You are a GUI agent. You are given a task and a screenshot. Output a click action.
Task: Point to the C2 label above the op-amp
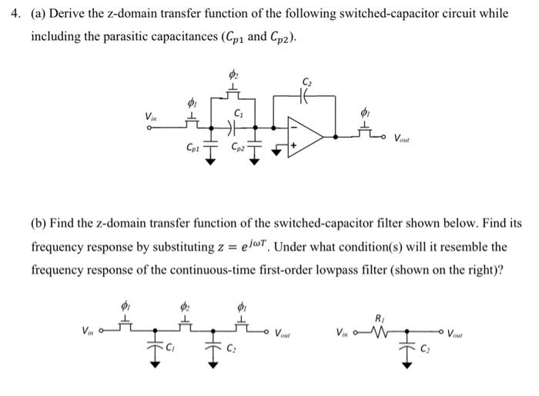pos(309,81)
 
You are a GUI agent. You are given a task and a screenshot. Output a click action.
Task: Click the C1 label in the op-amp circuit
pos(239,112)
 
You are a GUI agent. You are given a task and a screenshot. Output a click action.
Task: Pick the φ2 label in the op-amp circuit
pos(235,74)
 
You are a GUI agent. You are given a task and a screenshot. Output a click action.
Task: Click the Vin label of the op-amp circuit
pos(150,116)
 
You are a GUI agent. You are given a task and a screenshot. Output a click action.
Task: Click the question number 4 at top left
pos(10,14)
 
